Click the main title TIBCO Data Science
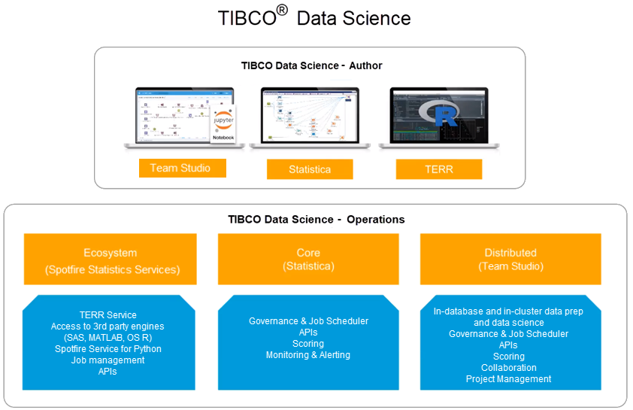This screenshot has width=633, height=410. [314, 17]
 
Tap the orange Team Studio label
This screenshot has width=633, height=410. [181, 168]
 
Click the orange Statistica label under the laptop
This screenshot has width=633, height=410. [309, 169]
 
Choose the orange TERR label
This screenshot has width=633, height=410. [438, 169]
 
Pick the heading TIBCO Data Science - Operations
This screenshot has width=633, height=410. [316, 220]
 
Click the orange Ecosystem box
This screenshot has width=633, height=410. [110, 260]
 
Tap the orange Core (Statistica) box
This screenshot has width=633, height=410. [308, 260]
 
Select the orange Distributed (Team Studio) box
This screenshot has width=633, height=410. [510, 260]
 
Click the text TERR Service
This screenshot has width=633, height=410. [108, 315]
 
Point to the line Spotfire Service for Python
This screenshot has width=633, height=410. [108, 349]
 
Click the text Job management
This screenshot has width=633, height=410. [108, 360]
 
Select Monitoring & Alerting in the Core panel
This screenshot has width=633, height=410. [308, 355]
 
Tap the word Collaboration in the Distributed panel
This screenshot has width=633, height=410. [509, 368]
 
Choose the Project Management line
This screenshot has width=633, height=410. [509, 379]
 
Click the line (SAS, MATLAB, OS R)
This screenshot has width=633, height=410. [108, 338]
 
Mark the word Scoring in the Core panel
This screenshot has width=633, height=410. [308, 344]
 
